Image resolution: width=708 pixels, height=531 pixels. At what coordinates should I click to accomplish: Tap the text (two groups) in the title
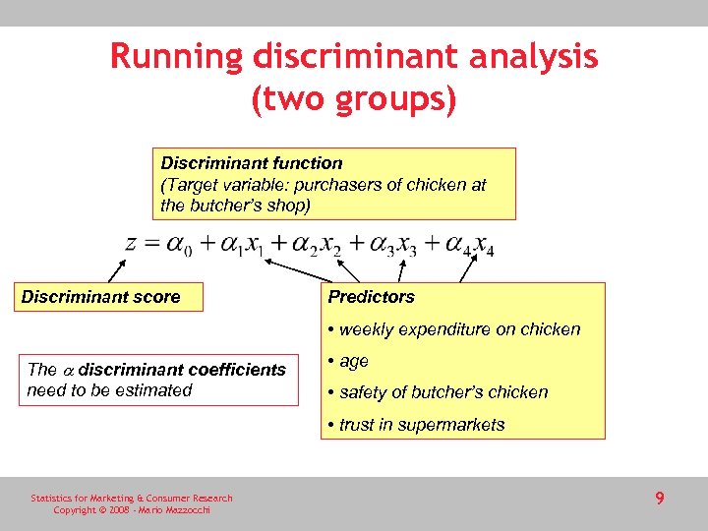pyautogui.click(x=354, y=100)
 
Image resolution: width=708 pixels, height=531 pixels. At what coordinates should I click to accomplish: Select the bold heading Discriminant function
pyautogui.click(x=252, y=163)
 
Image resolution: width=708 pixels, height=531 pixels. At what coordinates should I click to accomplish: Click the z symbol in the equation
pyautogui.click(x=131, y=242)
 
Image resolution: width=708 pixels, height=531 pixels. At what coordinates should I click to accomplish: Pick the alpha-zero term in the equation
pyautogui.click(x=180, y=245)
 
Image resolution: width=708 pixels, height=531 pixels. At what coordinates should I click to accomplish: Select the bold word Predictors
pyautogui.click(x=372, y=297)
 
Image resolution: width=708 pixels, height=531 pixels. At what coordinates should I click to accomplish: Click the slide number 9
pyautogui.click(x=660, y=499)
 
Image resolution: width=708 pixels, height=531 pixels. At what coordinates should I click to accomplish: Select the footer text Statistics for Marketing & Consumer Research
pyautogui.click(x=132, y=499)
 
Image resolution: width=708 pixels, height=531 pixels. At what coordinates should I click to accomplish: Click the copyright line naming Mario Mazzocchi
pyautogui.click(x=130, y=510)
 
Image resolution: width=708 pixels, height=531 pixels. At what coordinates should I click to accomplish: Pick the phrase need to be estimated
pyautogui.click(x=110, y=390)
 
